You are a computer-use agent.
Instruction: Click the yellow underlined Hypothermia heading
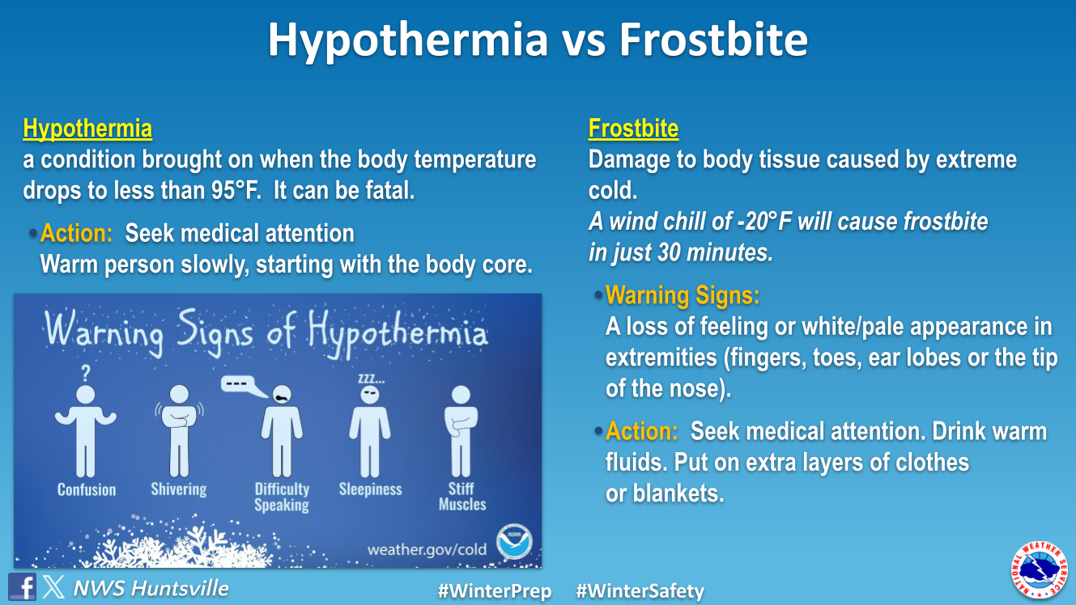coord(87,129)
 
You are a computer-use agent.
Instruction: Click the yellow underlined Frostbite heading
coord(633,129)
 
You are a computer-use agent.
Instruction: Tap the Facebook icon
coord(22,586)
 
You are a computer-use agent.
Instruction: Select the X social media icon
coord(53,586)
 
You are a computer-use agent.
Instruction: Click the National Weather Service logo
coord(1040,569)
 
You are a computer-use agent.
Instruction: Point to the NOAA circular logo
coord(514,542)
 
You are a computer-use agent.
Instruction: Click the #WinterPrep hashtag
coord(495,590)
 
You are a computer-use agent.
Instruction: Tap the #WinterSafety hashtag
coord(640,590)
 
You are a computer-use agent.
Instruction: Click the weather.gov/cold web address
coord(427,549)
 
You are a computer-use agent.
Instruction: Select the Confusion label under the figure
coord(87,489)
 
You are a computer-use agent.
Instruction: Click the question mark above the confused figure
coord(86,373)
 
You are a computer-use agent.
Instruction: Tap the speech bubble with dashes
coord(244,386)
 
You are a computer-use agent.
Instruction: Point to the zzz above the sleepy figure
coord(371,379)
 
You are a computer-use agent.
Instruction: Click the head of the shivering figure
coord(179,395)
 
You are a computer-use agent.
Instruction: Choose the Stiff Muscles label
coord(462,497)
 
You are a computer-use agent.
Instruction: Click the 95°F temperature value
coord(236,190)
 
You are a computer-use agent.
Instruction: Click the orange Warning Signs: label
coord(683,295)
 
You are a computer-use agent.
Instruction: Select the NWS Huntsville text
coord(151,588)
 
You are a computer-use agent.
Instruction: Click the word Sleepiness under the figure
coord(370,489)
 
